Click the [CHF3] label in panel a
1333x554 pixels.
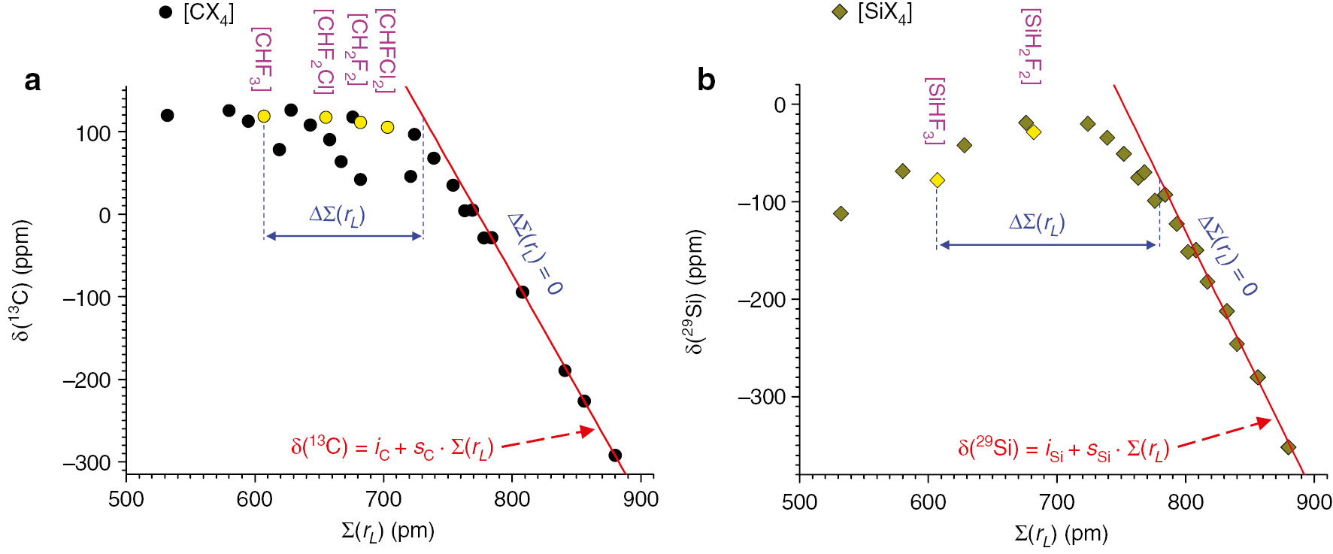click(x=261, y=59)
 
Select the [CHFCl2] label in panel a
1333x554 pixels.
click(x=385, y=50)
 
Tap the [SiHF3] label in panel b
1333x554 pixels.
click(x=935, y=110)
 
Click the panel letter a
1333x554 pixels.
click(x=32, y=80)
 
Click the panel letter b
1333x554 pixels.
click(x=706, y=80)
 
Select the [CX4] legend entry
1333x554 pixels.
click(x=197, y=13)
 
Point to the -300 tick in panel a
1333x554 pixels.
click(x=86, y=462)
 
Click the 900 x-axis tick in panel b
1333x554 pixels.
click(x=1313, y=502)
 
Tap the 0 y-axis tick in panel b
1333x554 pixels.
click(x=780, y=105)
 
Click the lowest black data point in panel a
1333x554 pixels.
click(x=615, y=455)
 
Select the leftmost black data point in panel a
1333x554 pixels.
click(x=167, y=115)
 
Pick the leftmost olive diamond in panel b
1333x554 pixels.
click(x=841, y=213)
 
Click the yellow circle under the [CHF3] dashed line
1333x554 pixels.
click(x=264, y=116)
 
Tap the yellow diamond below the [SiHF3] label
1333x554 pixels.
click(x=937, y=180)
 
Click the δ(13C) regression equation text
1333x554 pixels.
click(x=392, y=448)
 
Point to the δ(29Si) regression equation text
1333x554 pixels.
click(x=1063, y=450)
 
